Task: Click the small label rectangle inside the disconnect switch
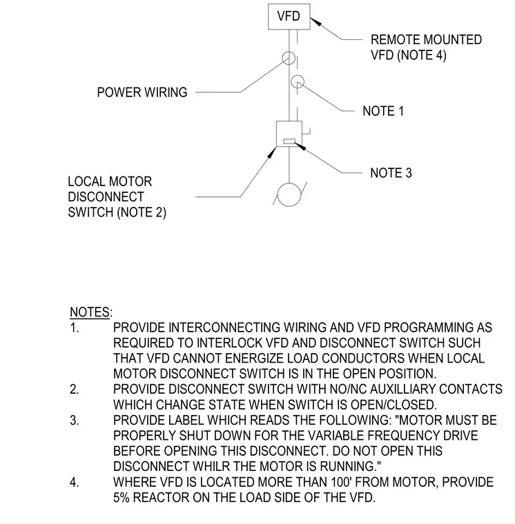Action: pos(289,141)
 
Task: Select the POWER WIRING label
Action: pos(142,92)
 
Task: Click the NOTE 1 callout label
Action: pos(383,111)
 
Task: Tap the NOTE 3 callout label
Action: pos(391,173)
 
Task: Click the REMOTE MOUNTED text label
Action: pos(426,40)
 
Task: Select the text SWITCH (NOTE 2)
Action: pos(117,212)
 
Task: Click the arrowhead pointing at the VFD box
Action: pos(315,22)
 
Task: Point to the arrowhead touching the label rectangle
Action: pos(300,146)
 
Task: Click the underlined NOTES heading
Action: pos(90,312)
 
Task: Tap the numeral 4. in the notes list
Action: pos(75,482)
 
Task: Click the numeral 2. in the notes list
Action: pos(75,390)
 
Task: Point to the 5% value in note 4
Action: pos(121,498)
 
